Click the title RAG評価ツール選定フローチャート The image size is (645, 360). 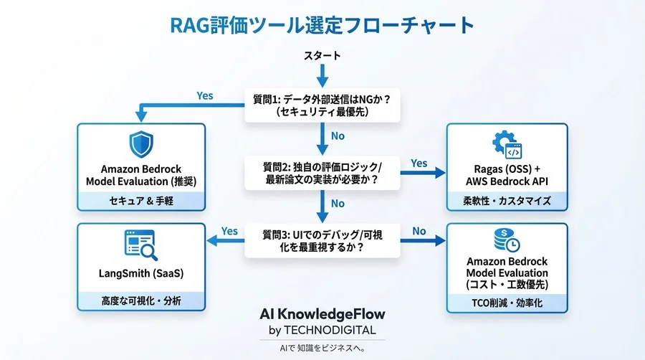click(x=322, y=25)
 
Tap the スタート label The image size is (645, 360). click(x=322, y=55)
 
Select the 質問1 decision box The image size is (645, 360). click(x=322, y=105)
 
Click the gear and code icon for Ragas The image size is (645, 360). click(x=507, y=146)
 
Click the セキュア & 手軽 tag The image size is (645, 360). click(x=140, y=200)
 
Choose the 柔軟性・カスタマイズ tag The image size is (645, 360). click(x=507, y=200)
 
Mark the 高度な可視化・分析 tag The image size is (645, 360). click(x=140, y=301)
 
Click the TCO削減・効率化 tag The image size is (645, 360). click(x=507, y=303)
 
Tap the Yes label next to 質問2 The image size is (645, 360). click(x=419, y=164)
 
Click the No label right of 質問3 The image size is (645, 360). click(x=419, y=231)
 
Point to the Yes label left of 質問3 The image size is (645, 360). click(x=229, y=231)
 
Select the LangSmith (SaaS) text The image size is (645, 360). click(x=140, y=273)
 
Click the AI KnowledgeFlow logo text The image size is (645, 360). click(x=322, y=314)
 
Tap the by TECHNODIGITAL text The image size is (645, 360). click(x=322, y=330)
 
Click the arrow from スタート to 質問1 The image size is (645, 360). click(x=322, y=75)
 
